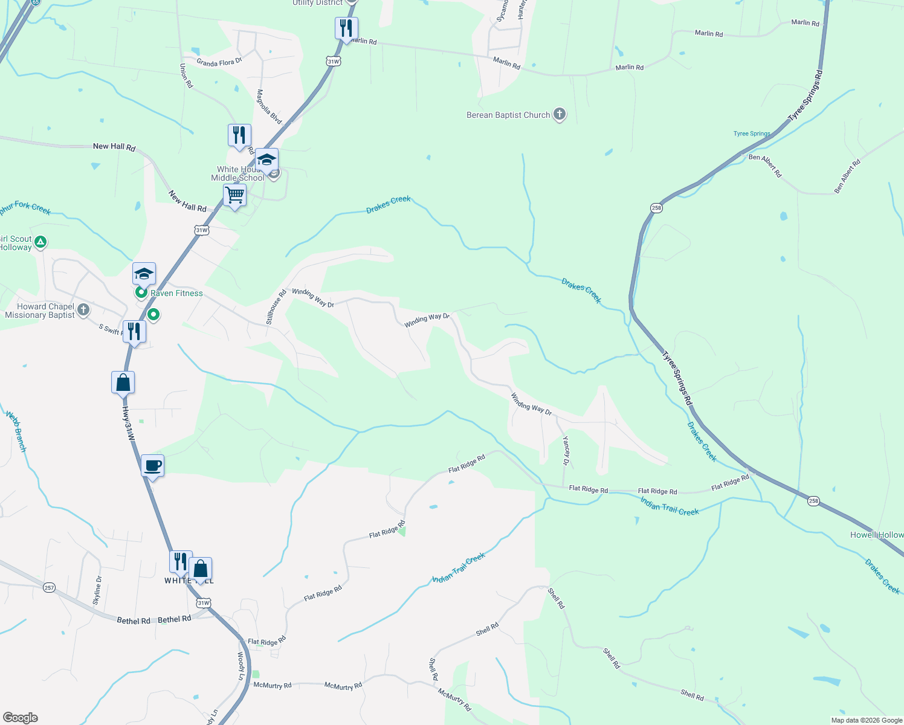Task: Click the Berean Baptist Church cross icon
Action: (x=560, y=114)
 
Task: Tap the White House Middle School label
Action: (x=238, y=174)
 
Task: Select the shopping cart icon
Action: (x=234, y=196)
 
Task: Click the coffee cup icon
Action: (x=152, y=466)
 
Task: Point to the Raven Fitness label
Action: (x=176, y=294)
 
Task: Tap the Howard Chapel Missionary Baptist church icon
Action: (x=83, y=310)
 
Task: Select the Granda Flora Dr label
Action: (x=219, y=62)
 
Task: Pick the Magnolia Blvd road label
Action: (x=269, y=107)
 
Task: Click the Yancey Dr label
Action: (x=566, y=451)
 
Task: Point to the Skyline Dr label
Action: (x=98, y=590)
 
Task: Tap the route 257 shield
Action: (x=49, y=587)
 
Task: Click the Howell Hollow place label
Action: (x=876, y=535)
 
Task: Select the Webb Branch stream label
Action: (x=16, y=431)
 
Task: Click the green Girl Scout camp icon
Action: (x=40, y=242)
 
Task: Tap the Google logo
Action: (x=20, y=718)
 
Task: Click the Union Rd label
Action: (x=186, y=76)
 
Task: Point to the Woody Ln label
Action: (x=241, y=666)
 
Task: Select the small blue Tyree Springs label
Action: (x=752, y=134)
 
